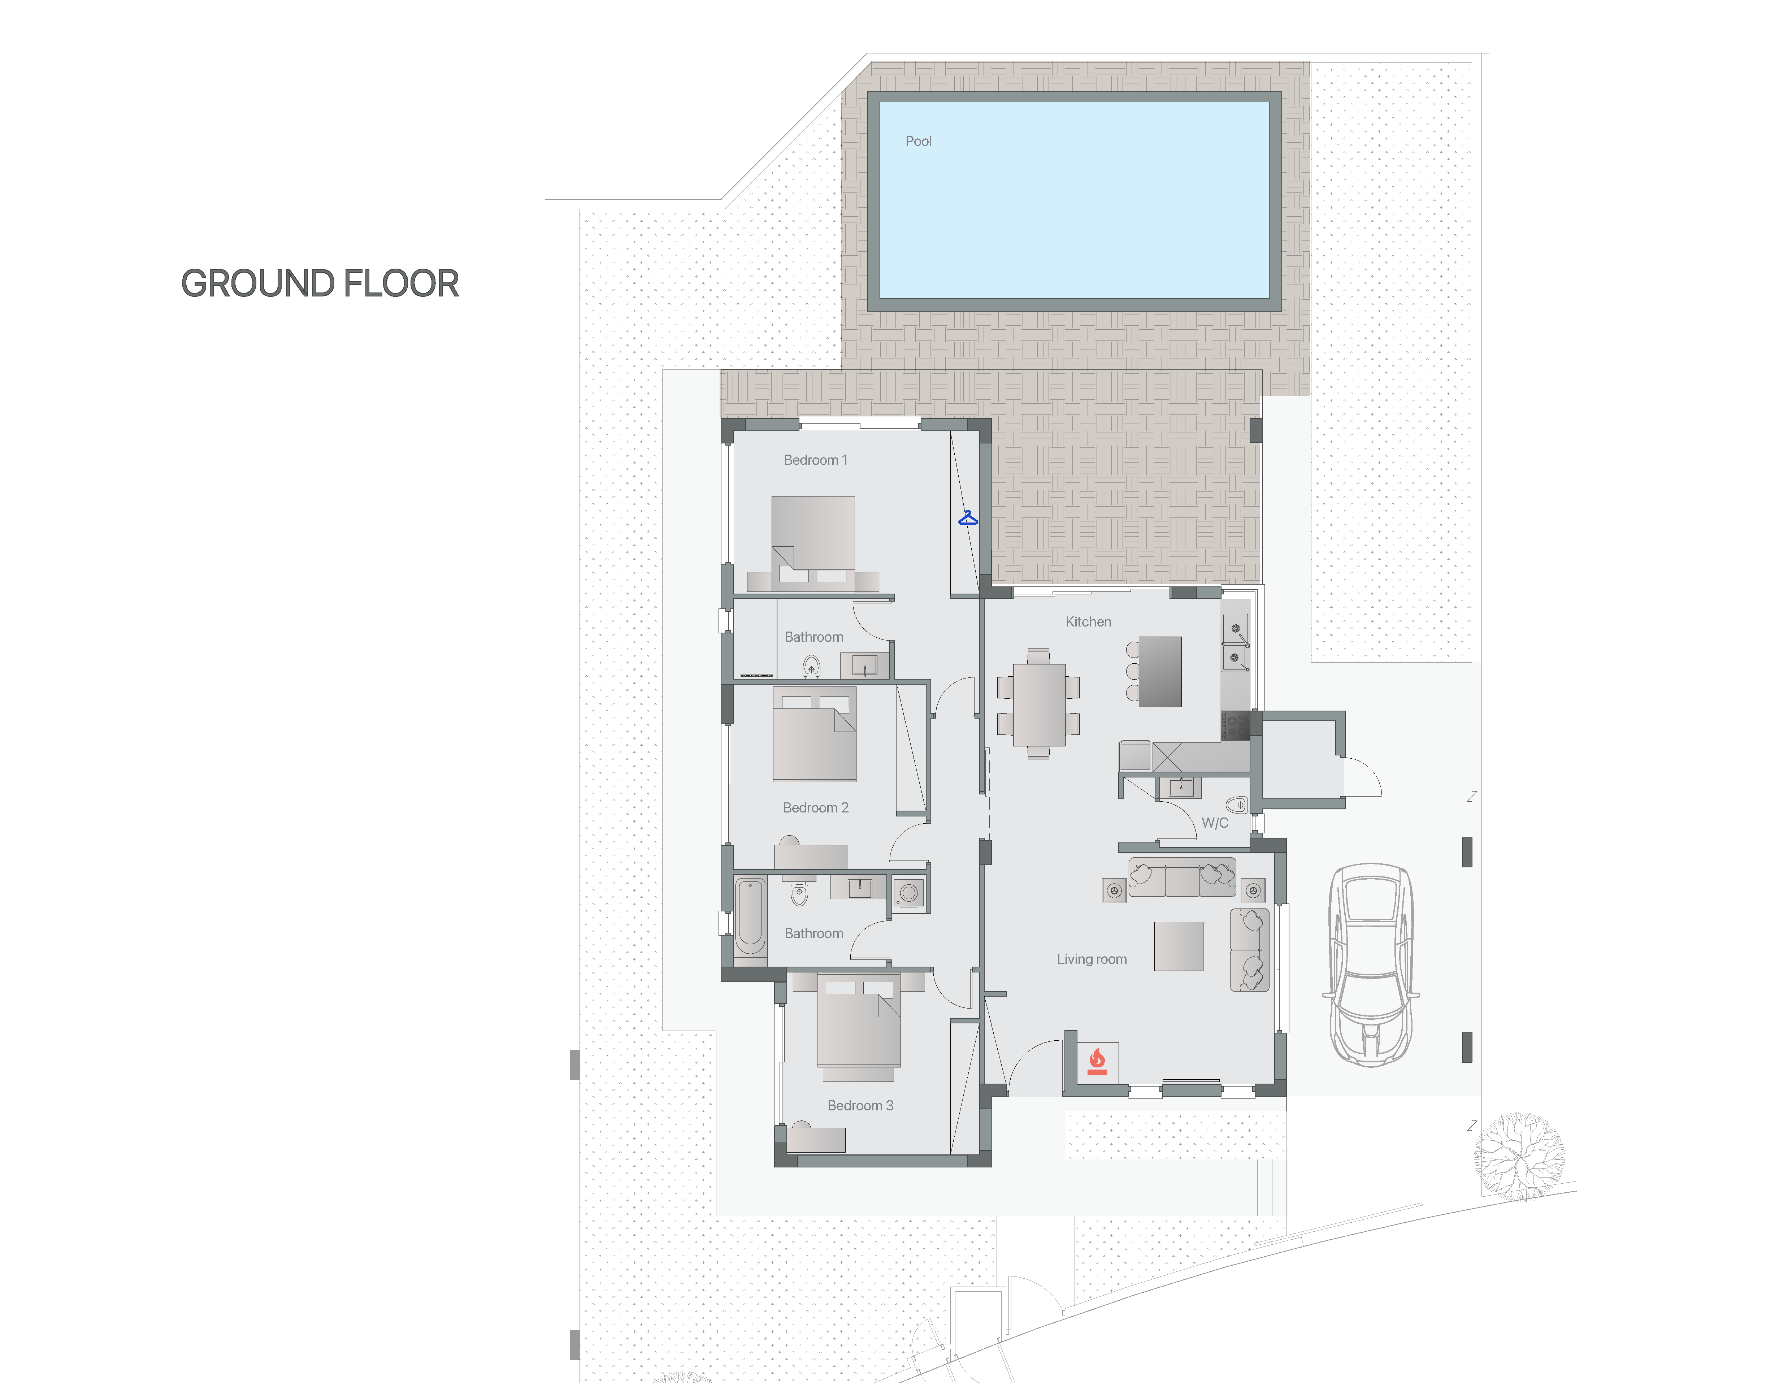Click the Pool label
coord(918,141)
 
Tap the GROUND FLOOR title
coord(320,283)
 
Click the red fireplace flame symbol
coord(1097,1060)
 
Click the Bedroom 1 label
coord(815,460)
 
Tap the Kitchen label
coord(1088,622)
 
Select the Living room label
coord(1092,959)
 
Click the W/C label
coord(1215,823)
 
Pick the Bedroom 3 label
coord(860,1105)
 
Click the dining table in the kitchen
coord(1039,704)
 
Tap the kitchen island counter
coord(1160,671)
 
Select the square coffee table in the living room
coord(1179,946)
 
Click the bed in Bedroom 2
coord(815,734)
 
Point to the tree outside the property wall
coord(1518,1156)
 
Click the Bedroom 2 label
coord(815,807)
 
